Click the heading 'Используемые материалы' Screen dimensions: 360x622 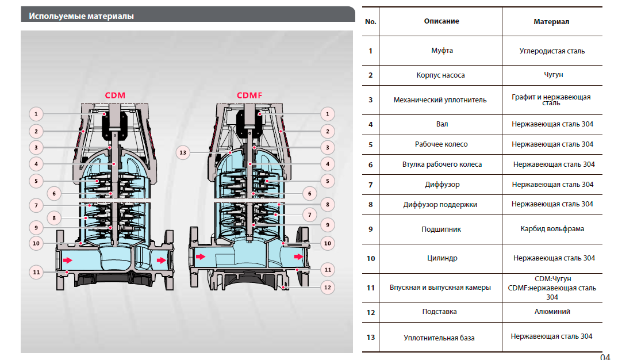coord(81,16)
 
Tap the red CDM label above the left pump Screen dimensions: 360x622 coord(114,95)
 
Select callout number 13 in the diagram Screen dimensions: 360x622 coord(183,152)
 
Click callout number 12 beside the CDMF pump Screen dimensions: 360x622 coord(327,286)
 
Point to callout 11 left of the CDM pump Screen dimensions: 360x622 coord(36,271)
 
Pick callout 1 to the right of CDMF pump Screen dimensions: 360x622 coord(327,113)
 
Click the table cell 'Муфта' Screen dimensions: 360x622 coord(441,51)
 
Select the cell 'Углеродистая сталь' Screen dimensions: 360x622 coord(551,51)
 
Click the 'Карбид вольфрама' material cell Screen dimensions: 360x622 coord(552,229)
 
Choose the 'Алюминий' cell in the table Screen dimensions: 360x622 coord(552,312)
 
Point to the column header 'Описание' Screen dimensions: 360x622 coord(441,21)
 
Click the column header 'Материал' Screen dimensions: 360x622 coord(551,22)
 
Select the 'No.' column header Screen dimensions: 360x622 coord(371,22)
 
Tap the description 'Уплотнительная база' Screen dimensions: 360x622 coord(439,338)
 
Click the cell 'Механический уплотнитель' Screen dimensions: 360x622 coord(440,100)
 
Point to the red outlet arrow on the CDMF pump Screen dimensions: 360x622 coord(298,255)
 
